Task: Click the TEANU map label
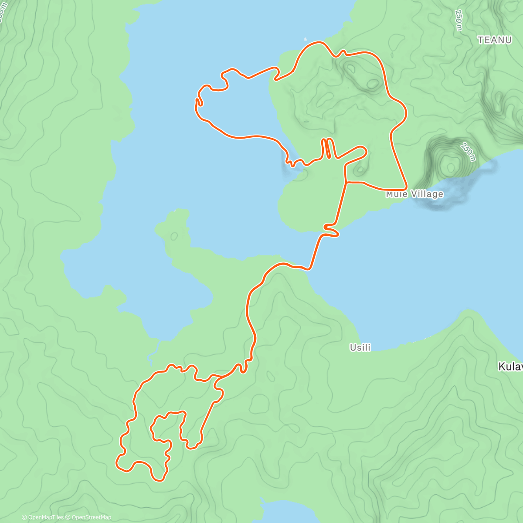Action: [x=494, y=40]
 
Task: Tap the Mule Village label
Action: [x=414, y=194]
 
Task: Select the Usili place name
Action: [x=360, y=347]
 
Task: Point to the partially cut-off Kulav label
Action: [x=511, y=367]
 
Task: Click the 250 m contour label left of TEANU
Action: [x=458, y=20]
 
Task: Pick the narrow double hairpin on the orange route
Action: [x=328, y=148]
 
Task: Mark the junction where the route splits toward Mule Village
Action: [x=346, y=182]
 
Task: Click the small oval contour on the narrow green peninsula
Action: [x=174, y=236]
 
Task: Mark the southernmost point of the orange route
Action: [x=160, y=480]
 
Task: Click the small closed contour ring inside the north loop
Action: [x=373, y=83]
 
